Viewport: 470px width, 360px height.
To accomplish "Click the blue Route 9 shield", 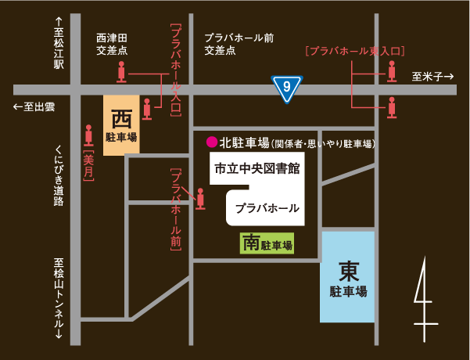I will click(x=287, y=88).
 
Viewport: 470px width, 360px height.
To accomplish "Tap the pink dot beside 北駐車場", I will click(x=210, y=142).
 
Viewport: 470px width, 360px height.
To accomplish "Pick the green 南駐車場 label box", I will click(x=267, y=243).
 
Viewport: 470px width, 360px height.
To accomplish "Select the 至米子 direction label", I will click(x=432, y=76).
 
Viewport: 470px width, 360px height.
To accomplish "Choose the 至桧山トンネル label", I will click(x=58, y=298).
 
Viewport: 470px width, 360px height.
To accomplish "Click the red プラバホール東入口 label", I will click(x=354, y=51).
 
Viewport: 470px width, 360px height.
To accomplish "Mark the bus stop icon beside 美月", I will click(x=88, y=135).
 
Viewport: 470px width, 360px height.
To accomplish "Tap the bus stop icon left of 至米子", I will click(x=393, y=73).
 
